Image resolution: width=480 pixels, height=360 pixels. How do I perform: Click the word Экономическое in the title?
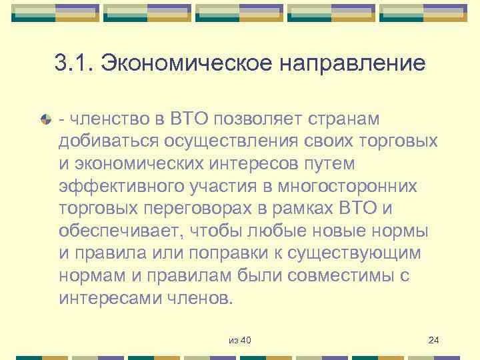click(184, 65)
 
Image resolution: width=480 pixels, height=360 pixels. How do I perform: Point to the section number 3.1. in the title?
click(75, 65)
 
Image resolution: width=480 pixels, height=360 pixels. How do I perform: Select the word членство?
click(101, 119)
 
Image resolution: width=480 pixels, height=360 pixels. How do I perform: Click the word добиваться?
click(106, 141)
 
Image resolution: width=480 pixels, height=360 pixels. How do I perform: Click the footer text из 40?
click(239, 341)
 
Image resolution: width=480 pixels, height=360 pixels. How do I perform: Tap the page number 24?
click(433, 341)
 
